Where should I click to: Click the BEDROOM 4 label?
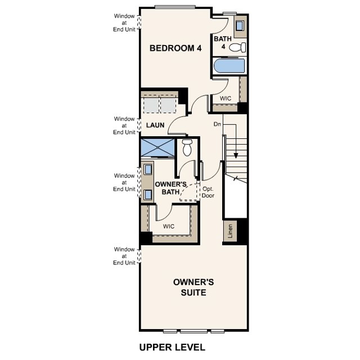[175, 48]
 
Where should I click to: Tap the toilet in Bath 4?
[241, 48]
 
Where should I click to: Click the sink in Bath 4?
[240, 25]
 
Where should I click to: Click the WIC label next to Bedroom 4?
[226, 98]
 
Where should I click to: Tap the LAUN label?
[155, 125]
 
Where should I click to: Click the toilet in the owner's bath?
[187, 148]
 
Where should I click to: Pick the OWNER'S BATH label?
[170, 188]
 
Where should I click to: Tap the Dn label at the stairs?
[217, 123]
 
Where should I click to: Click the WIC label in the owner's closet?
[169, 226]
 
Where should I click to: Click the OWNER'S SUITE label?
[189, 287]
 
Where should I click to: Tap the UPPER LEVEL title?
[172, 347]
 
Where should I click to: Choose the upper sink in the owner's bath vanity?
[147, 169]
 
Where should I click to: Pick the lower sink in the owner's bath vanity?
[147, 195]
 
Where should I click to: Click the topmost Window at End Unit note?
[124, 21]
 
